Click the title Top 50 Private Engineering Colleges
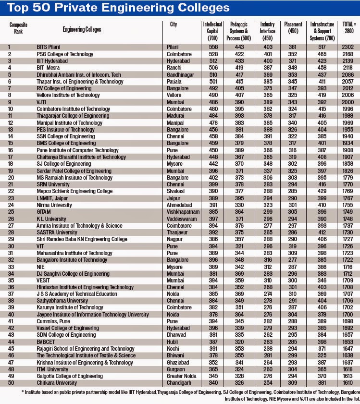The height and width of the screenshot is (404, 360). pyautogui.click(x=116, y=8)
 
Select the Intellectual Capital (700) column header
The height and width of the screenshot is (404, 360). pyautogui.click(x=211, y=29)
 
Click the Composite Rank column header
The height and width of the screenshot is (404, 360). pyautogui.click(x=18, y=29)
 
